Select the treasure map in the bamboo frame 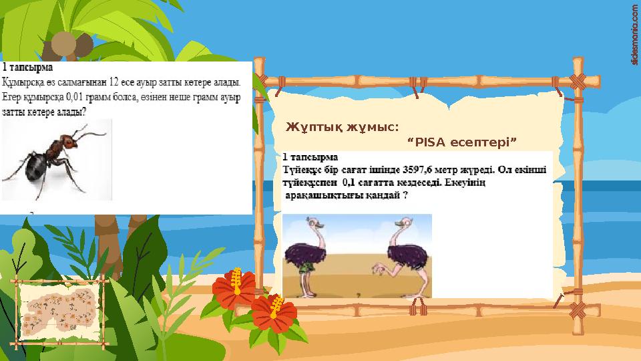tap(59, 312)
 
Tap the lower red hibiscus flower tap(274, 311)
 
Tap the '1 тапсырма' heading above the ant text tap(28, 68)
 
